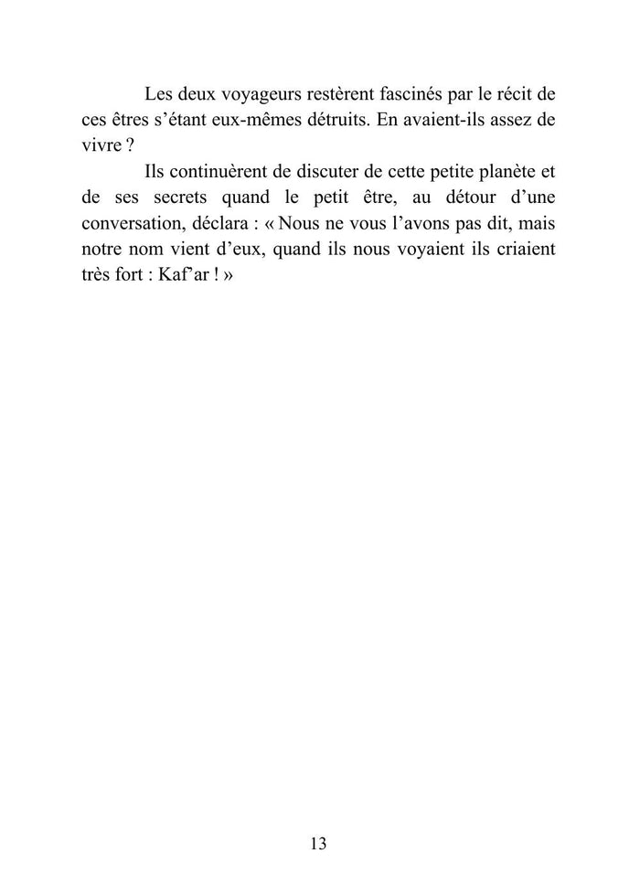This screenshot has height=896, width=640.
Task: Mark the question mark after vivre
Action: tap(128, 145)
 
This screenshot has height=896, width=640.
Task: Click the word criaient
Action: tap(523, 248)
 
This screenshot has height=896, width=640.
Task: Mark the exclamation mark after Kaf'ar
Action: tap(208, 273)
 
